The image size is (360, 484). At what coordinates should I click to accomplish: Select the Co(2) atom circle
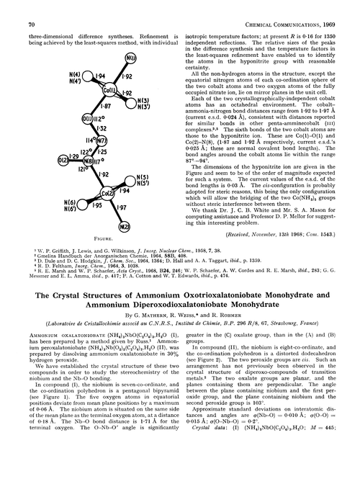(107, 193)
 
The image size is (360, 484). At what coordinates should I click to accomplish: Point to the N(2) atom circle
(123, 226)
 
